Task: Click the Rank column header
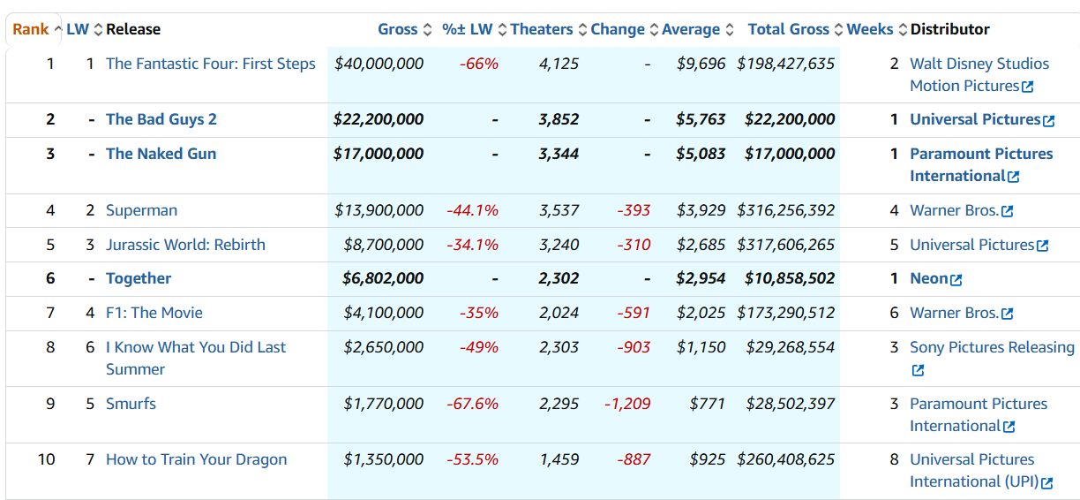31,29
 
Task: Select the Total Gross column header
788,29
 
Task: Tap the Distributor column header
949,29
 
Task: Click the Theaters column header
541,29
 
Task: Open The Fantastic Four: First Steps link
210,64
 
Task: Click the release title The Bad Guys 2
161,119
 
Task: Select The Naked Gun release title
161,154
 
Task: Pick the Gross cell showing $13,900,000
379,210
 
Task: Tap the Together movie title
139,278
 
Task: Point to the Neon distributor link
928,278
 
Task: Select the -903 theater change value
634,347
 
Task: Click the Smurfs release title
131,404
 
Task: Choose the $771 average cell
707,404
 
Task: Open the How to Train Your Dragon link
196,459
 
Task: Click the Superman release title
141,210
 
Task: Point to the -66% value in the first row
479,64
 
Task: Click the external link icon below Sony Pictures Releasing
918,370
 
